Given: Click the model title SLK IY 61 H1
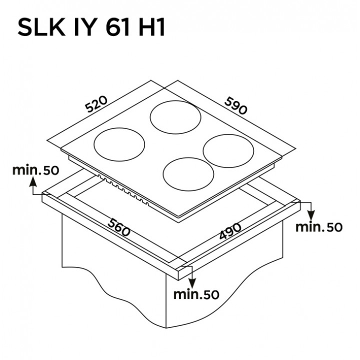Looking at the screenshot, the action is (x=91, y=28).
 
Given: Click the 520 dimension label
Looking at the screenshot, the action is (x=96, y=104).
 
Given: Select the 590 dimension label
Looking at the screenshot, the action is (x=236, y=105).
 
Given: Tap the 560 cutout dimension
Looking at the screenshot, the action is (x=119, y=227).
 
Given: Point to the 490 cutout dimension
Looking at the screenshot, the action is (x=230, y=231).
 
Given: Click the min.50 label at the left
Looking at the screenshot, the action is (x=36, y=170).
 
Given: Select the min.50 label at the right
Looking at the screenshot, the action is (x=319, y=227).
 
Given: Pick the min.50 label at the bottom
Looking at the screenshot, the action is (x=196, y=294).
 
